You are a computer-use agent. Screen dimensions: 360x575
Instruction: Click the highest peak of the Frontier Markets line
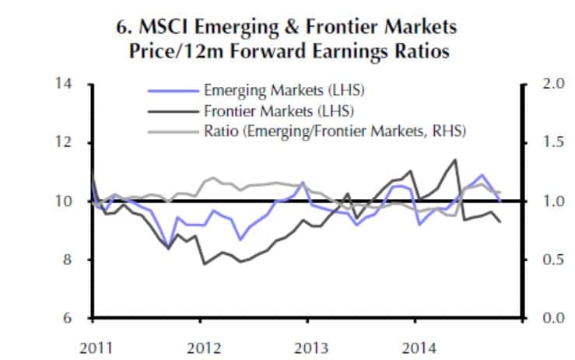click(x=455, y=159)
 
